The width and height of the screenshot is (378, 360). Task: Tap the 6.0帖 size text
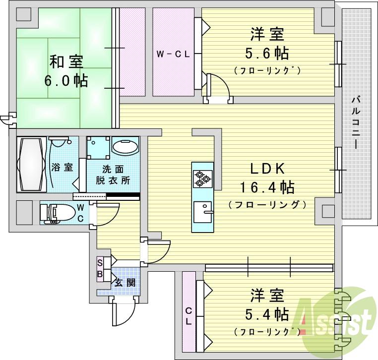pyautogui.click(x=66, y=80)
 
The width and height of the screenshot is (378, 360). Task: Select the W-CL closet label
pyautogui.click(x=173, y=54)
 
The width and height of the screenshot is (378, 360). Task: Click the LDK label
pyautogui.click(x=266, y=168)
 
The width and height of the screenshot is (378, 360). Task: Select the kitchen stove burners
pyautogui.click(x=202, y=178)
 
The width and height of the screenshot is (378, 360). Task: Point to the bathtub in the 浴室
pyautogui.click(x=31, y=164)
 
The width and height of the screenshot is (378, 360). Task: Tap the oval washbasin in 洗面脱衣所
pyautogui.click(x=125, y=147)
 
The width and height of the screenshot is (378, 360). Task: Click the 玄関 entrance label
pyautogui.click(x=125, y=283)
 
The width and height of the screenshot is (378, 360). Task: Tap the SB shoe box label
pyautogui.click(x=100, y=268)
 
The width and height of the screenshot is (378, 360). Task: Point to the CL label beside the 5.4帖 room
pyautogui.click(x=189, y=315)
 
